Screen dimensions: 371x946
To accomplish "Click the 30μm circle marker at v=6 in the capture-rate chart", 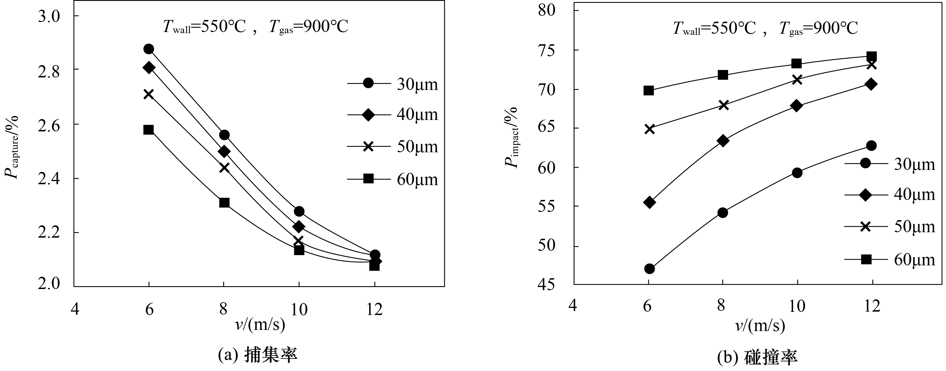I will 149,49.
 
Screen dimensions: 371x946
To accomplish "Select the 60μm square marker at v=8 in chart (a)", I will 224,203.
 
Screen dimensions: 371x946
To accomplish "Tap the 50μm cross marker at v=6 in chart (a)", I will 148,94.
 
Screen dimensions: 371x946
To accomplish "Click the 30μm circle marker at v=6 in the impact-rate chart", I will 649,269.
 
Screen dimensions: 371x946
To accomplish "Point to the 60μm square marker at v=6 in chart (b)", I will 649,91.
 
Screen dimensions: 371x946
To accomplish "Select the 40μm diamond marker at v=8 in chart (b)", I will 723,141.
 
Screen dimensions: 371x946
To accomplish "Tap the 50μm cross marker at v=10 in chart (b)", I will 797,80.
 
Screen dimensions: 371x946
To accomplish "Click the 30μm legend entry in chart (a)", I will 393,84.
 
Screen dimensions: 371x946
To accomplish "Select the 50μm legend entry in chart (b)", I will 890,226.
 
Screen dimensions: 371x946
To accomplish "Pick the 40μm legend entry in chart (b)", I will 890,194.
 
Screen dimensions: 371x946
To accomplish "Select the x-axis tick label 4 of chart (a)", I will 75,309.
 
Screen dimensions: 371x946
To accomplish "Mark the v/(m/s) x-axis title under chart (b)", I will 760,326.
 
